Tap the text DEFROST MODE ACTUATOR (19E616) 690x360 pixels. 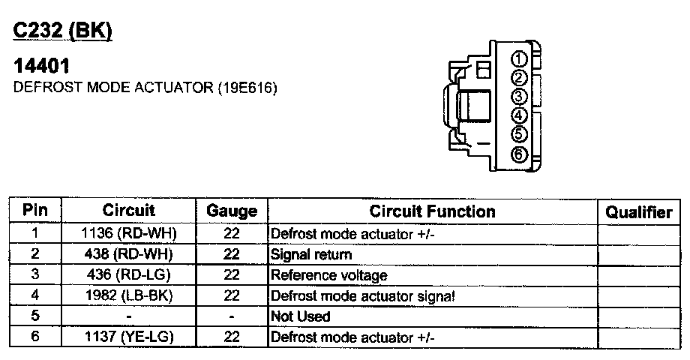pos(145,88)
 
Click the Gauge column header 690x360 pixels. pos(232,211)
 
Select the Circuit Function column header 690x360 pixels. pos(432,211)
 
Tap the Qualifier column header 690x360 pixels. pos(639,212)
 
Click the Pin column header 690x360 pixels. pos(35,211)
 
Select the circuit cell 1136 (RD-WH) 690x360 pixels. pos(128,233)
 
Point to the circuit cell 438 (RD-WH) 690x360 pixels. pos(128,254)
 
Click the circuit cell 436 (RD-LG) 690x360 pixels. pos(128,274)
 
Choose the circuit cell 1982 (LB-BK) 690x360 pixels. pos(128,295)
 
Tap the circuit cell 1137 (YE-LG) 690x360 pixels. pos(128,337)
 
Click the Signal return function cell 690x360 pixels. pos(310,254)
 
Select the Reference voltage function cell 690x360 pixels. pos(328,275)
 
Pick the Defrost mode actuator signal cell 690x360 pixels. pos(362,295)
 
